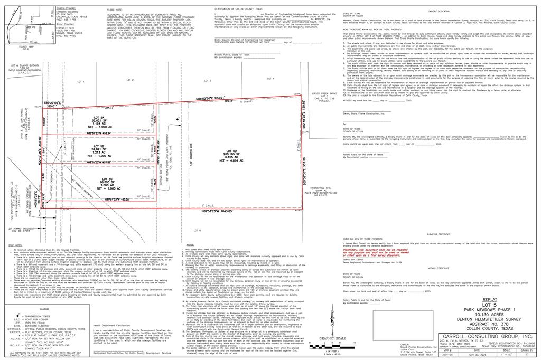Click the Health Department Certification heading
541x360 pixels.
point(113,326)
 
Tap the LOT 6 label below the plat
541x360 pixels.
point(197,231)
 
